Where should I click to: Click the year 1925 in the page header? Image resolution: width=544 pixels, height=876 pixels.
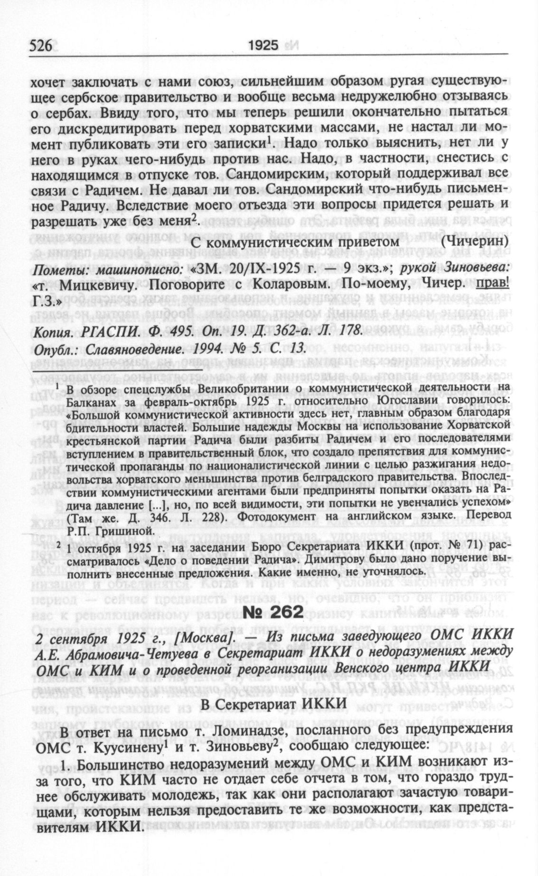pos(263,46)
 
